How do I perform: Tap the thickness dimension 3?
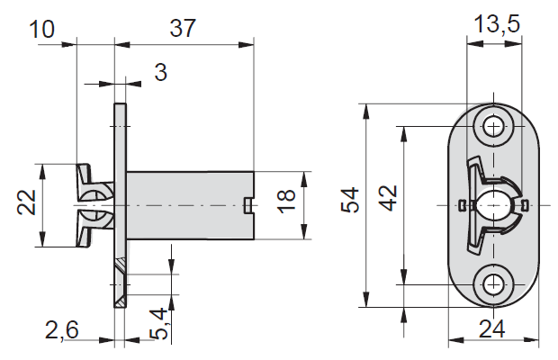(x=161, y=73)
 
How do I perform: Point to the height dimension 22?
(x=28, y=205)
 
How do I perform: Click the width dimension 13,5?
(x=498, y=24)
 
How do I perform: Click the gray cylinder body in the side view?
(x=184, y=206)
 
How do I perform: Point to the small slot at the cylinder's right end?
(x=249, y=206)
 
